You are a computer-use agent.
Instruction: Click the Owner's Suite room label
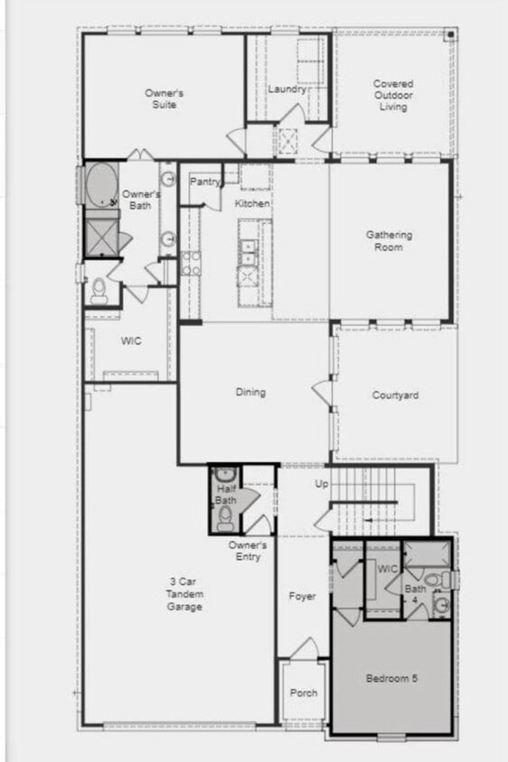164,98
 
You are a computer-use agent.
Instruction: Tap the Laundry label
287,89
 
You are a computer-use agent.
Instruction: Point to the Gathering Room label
390,241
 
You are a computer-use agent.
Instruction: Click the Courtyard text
395,395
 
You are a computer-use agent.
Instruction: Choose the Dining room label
250,392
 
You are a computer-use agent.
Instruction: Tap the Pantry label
205,181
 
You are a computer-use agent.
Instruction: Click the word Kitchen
252,204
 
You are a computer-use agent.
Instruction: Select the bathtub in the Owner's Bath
101,185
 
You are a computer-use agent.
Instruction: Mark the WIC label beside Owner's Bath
131,342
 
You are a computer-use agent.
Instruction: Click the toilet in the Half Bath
224,517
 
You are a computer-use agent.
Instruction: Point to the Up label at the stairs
321,485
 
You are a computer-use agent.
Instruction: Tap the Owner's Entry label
247,551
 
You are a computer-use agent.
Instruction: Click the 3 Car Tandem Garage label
184,594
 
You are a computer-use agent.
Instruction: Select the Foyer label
302,597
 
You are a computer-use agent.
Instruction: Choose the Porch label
303,693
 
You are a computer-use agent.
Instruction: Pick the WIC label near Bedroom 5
387,569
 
